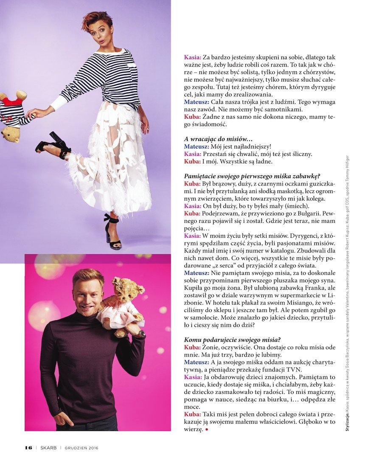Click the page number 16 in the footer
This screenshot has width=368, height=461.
pos(29,447)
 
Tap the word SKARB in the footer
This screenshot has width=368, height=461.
pos(48,447)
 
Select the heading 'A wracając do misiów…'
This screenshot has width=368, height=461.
pos(218,139)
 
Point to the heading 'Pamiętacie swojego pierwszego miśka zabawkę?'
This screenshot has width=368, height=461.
pos(252,176)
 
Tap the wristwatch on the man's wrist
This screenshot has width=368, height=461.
pos(140,334)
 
